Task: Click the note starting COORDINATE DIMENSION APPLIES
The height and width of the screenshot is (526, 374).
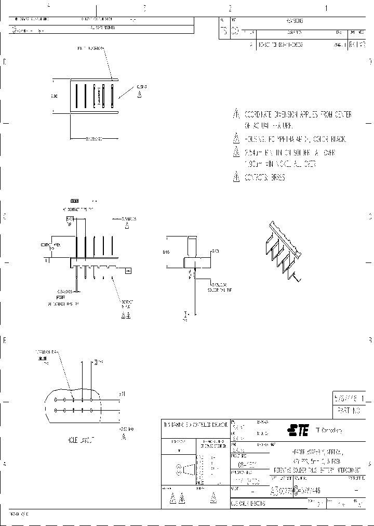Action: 298,114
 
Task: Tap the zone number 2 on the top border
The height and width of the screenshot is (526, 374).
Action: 230,8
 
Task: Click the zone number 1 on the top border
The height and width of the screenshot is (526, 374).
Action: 326,8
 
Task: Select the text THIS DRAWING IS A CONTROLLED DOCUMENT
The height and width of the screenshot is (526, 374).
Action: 195,425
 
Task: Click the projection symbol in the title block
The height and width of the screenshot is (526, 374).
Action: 188,470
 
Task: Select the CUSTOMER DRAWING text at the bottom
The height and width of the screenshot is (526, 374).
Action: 248,504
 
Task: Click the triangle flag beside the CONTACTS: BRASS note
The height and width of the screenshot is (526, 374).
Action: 235,177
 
